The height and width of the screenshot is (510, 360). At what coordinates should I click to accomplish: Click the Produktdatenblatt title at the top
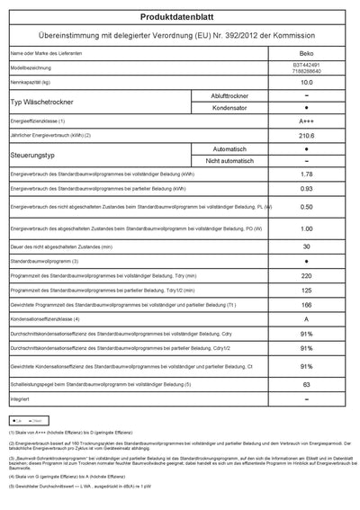179,16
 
